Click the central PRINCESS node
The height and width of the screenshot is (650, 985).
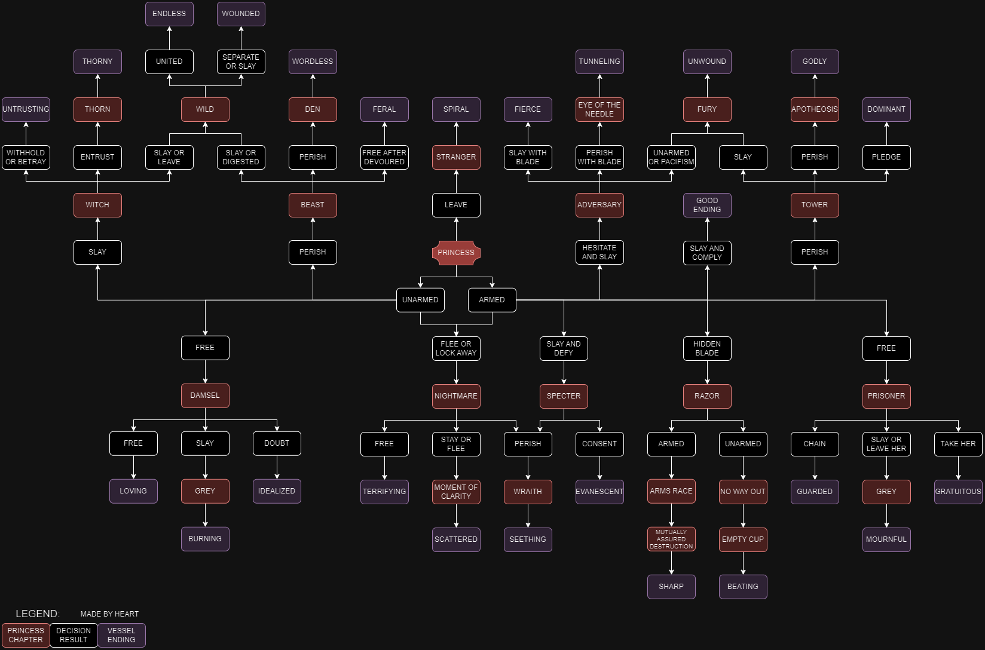pos(456,253)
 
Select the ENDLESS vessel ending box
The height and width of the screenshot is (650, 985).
pos(169,14)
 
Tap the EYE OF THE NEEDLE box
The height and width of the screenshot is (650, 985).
pos(599,109)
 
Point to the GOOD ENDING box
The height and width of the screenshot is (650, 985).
pos(707,205)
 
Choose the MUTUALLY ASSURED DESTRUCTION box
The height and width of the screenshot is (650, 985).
pos(671,539)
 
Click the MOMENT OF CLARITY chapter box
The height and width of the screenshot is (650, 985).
pos(456,492)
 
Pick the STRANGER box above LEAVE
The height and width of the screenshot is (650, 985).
pos(456,157)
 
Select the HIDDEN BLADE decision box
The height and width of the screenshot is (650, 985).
pos(707,348)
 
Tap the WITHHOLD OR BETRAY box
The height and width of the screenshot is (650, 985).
pos(26,157)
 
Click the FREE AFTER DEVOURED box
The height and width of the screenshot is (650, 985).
pos(384,157)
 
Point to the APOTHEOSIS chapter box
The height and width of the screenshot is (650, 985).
pos(815,109)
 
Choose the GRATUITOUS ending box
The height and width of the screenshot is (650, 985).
pos(958,492)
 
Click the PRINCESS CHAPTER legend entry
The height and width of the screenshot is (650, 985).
pos(26,635)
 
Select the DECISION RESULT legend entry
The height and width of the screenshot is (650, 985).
pos(74,635)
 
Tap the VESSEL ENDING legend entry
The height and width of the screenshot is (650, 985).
pos(121,635)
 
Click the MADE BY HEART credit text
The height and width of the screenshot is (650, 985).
pos(109,614)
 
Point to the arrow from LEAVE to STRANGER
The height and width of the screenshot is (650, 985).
pos(456,182)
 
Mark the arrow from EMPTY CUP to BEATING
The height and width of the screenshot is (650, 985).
pos(743,563)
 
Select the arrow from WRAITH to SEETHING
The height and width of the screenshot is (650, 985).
pos(528,516)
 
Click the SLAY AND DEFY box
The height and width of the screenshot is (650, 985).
pos(564,348)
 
